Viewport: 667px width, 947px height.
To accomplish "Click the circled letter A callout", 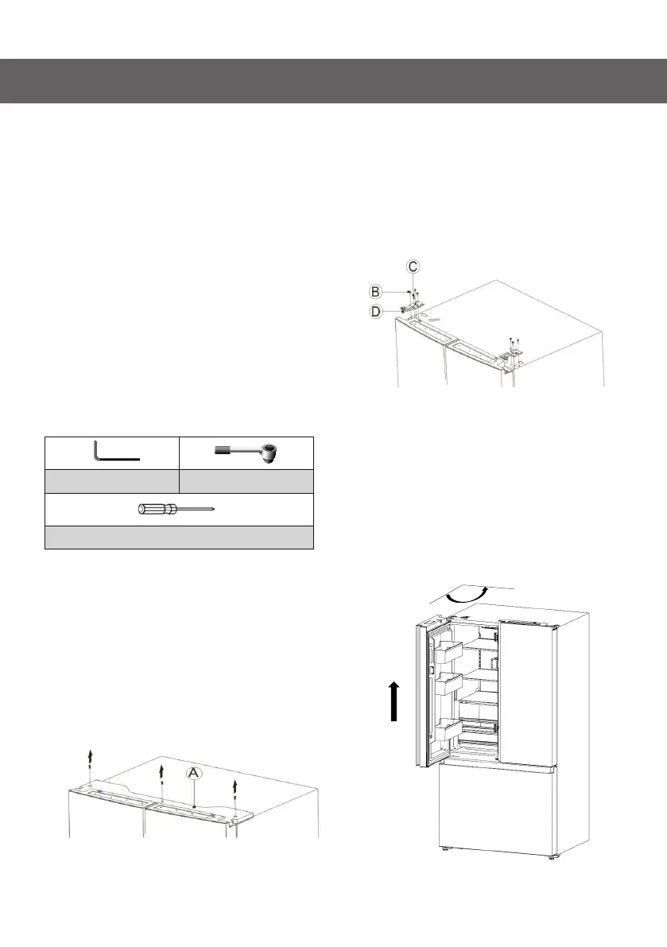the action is click(193, 772).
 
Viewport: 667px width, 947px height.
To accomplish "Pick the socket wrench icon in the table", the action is click(250, 452).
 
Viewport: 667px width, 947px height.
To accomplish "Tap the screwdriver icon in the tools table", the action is click(179, 510).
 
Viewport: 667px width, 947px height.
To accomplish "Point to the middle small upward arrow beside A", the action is click(162, 774).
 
